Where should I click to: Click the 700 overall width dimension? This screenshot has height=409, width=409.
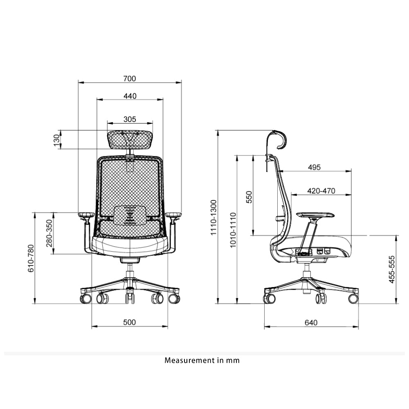click(x=130, y=79)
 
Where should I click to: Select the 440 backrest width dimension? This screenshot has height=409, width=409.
click(x=130, y=96)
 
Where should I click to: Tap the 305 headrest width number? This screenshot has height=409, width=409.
click(x=130, y=119)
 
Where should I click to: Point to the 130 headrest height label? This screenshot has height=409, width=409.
click(x=56, y=140)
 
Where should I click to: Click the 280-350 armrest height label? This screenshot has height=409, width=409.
click(x=49, y=233)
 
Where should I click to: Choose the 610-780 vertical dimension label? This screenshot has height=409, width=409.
click(x=31, y=258)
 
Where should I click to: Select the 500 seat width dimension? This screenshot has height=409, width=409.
click(x=129, y=322)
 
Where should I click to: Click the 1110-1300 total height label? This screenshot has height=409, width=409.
click(x=213, y=217)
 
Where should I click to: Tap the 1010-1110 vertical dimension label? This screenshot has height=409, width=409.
click(x=233, y=230)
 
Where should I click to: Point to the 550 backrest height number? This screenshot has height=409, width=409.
click(x=249, y=197)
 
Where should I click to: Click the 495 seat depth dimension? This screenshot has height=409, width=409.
click(x=314, y=167)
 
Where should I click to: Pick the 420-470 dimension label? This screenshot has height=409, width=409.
click(x=321, y=191)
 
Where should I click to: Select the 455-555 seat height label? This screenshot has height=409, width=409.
click(x=392, y=270)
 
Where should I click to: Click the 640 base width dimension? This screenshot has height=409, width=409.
click(x=311, y=323)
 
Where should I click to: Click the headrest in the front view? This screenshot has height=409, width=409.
click(x=130, y=140)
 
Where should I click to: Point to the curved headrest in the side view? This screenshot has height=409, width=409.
click(x=281, y=139)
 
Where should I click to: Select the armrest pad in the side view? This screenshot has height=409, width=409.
click(x=315, y=215)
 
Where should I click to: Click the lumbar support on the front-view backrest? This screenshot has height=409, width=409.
click(x=130, y=216)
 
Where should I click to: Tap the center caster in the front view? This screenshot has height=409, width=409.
click(x=130, y=296)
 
